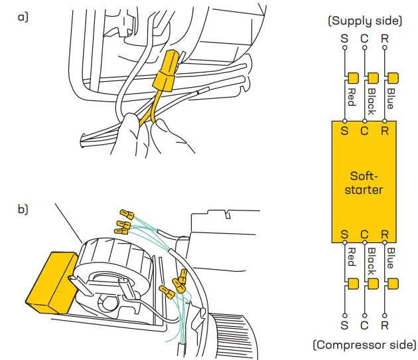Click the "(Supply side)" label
(x=364, y=21)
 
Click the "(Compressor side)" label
(x=364, y=345)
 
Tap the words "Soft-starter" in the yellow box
(x=364, y=183)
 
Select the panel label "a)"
(x=23, y=17)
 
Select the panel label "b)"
(x=23, y=209)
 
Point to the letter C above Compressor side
(x=364, y=325)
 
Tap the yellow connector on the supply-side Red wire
(x=352, y=78)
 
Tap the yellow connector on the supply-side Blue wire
(x=393, y=78)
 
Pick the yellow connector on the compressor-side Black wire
(x=373, y=284)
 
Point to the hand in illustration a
(x=143, y=136)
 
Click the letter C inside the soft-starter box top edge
(x=364, y=131)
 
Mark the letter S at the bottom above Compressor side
(x=344, y=325)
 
